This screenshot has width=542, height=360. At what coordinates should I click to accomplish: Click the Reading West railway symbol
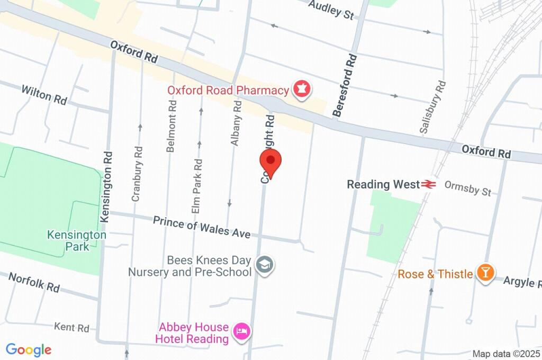coord(428,184)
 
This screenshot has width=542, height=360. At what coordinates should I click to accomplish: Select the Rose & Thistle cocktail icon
coord(485,273)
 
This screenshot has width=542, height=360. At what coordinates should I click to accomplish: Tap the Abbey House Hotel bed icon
coord(243,332)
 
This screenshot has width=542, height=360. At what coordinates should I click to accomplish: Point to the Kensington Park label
coord(77,240)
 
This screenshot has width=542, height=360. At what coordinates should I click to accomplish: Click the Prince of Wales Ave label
coord(202,227)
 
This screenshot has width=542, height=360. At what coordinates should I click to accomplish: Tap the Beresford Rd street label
coord(344,85)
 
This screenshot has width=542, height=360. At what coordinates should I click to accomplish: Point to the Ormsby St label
coord(467,187)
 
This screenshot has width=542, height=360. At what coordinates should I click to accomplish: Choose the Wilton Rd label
coord(44,94)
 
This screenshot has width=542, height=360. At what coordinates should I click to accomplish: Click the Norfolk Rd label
coord(34,282)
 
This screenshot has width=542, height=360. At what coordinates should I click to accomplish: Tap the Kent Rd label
coord(71,328)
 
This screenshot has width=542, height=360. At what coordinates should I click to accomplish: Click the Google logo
coord(29,350)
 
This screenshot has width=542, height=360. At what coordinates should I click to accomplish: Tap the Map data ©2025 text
coord(505,354)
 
